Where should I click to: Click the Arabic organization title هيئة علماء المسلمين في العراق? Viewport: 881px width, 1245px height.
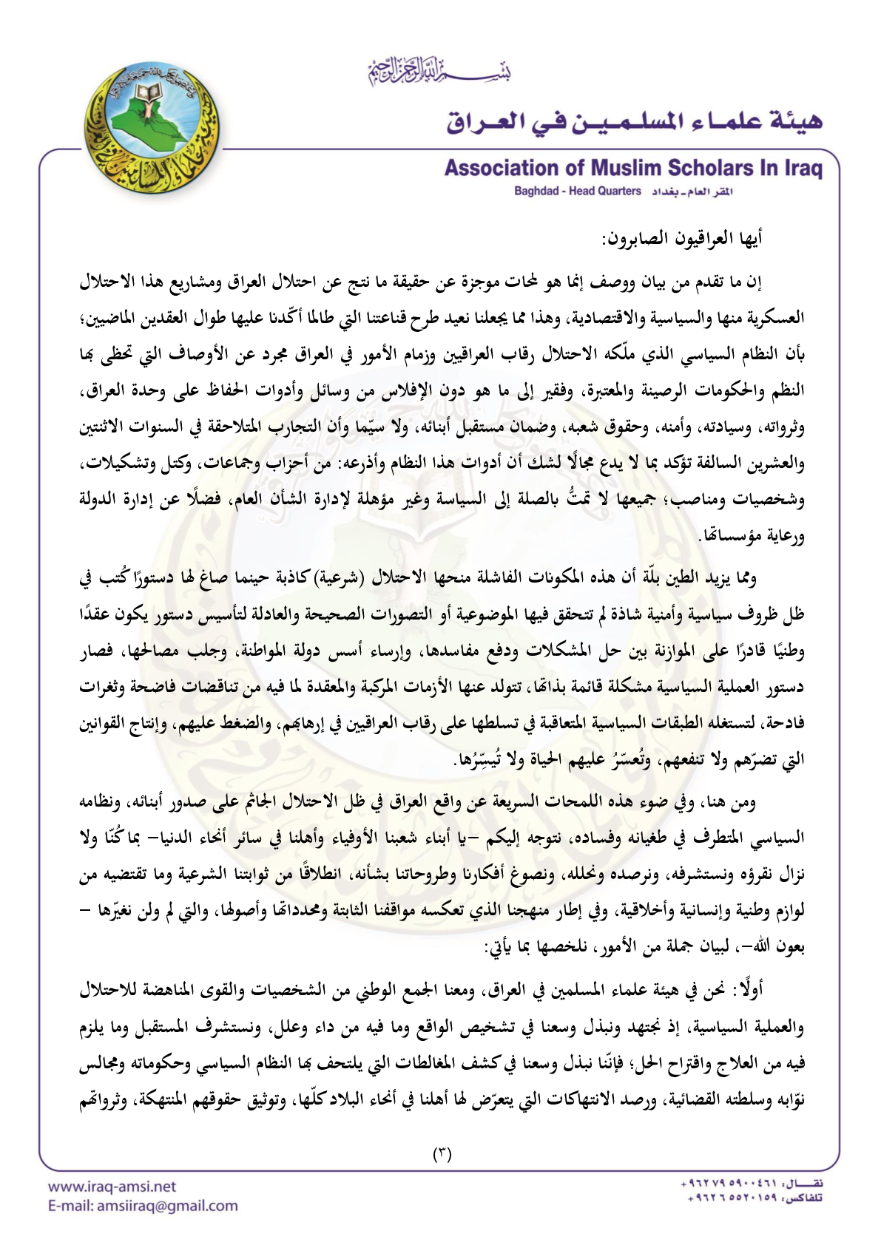634,120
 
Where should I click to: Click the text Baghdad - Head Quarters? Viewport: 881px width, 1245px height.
578,191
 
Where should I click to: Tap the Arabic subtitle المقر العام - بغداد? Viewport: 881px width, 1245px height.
692,191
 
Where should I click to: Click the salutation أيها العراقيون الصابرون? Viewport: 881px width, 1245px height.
682,239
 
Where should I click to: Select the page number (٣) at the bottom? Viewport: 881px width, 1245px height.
442,1154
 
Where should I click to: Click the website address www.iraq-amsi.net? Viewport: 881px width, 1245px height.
112,1187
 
